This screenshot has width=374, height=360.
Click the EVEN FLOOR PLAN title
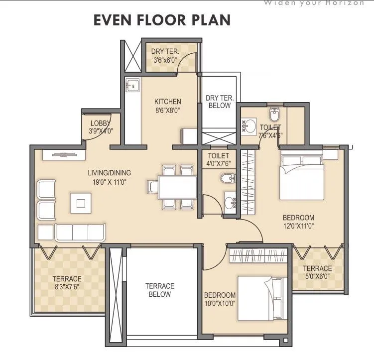(x=162, y=20)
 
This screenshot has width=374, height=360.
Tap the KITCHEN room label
(x=168, y=102)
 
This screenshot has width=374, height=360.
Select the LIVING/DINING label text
(x=109, y=173)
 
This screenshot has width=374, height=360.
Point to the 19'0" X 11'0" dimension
(x=109, y=182)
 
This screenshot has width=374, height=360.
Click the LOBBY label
(x=101, y=123)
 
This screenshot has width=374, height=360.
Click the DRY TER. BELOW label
(x=219, y=102)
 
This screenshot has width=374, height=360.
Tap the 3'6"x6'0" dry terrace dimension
(x=165, y=60)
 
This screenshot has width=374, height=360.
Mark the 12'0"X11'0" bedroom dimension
(x=298, y=227)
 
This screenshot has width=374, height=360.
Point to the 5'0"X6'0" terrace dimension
(x=317, y=277)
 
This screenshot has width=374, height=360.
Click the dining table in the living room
(x=172, y=187)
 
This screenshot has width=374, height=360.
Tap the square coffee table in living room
(x=81, y=202)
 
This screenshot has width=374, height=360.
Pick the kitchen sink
(x=132, y=86)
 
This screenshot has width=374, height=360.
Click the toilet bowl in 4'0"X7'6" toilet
(x=227, y=178)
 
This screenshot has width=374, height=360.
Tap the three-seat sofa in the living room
(x=80, y=232)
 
